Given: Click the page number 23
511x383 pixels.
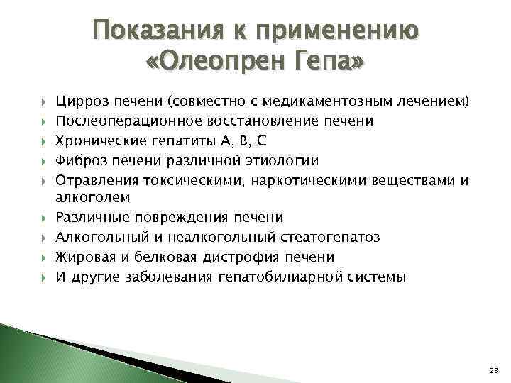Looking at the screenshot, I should pos(494,370).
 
